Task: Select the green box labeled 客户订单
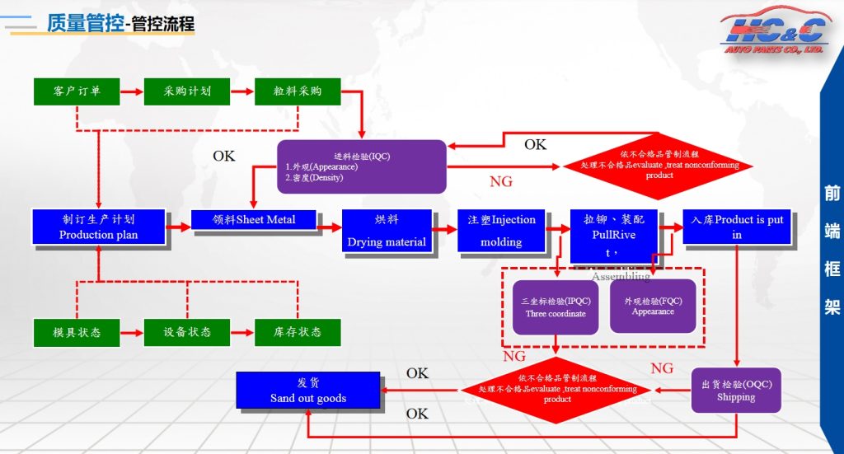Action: pyautogui.click(x=77, y=91)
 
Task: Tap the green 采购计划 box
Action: pyautogui.click(x=187, y=91)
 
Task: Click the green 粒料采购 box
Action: pyautogui.click(x=298, y=91)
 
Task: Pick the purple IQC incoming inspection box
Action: pyautogui.click(x=361, y=166)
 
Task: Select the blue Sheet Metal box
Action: pyautogui.click(x=254, y=220)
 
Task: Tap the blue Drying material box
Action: pyautogui.click(x=387, y=231)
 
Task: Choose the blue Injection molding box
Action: pyautogui.click(x=501, y=231)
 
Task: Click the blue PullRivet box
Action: pyautogui.click(x=614, y=236)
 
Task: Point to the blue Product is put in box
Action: pyautogui.click(x=737, y=227)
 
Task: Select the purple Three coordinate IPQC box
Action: pyautogui.click(x=556, y=307)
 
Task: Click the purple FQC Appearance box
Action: pyautogui.click(x=653, y=307)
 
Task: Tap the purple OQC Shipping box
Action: pyautogui.click(x=736, y=391)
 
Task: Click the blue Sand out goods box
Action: pyautogui.click(x=308, y=391)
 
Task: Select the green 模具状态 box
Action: pyautogui.click(x=77, y=332)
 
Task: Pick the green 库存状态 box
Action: pyautogui.click(x=298, y=332)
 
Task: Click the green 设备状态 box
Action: pyautogui.click(x=187, y=332)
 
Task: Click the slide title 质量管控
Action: pyautogui.click(x=85, y=23)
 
